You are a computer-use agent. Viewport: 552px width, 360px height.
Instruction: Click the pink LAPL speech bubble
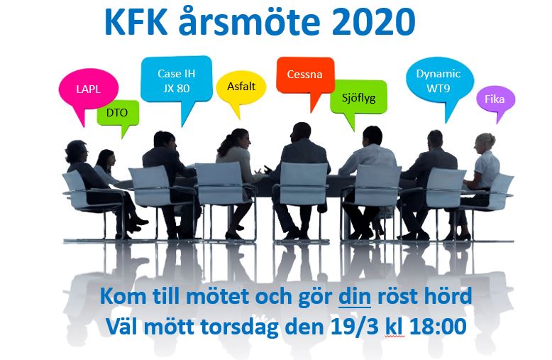coord(89,89)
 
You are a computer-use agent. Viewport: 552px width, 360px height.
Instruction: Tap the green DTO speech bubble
coord(118,113)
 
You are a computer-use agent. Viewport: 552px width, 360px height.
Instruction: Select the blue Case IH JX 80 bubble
coord(177,80)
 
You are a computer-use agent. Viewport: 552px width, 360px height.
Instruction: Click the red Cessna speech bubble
coord(305,75)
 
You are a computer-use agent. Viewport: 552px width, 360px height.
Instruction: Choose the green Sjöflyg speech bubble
coord(358,98)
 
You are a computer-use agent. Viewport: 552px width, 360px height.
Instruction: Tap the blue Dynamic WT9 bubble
coord(438,81)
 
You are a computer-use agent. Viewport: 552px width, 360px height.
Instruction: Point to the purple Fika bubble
coord(496,99)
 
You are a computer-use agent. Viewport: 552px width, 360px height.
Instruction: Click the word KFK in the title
coord(136,22)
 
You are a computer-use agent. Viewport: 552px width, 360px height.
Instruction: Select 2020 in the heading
coord(374,22)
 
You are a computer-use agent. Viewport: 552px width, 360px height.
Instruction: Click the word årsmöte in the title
coord(249,22)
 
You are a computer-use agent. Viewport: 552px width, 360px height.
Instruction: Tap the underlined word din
coord(355,297)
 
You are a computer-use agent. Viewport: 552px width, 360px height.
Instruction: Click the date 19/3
coord(355,327)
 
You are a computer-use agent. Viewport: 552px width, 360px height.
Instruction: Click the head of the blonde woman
coord(485,143)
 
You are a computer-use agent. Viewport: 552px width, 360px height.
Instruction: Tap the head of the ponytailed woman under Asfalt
coord(239,138)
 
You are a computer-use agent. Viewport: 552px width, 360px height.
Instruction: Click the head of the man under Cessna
coord(302,132)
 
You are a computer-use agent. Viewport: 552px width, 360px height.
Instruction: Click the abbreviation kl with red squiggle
coord(394,327)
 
